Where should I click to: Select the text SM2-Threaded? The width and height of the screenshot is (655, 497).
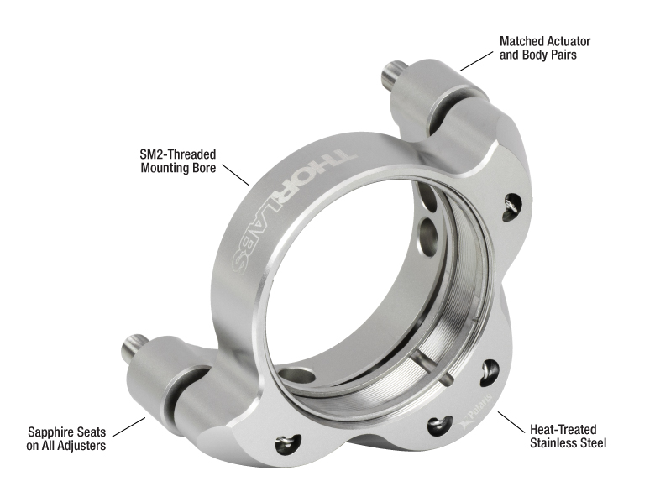[178, 154]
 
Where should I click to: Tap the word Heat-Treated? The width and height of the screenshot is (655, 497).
[563, 429]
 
